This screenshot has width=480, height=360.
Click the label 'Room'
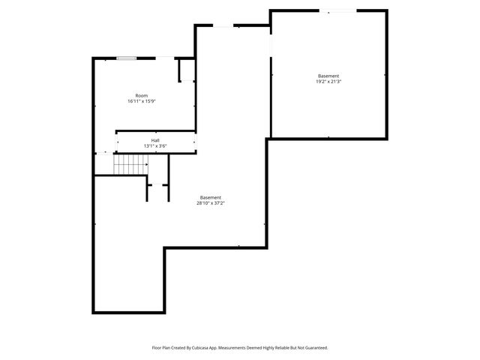[x=142, y=95]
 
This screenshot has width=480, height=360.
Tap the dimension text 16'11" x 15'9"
[x=142, y=101]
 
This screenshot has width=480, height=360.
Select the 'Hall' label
[x=155, y=140]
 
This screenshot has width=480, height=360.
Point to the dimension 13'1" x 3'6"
[x=155, y=146]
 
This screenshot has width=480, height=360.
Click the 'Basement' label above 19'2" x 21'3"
[x=328, y=76]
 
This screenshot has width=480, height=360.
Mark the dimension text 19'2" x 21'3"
[x=328, y=82]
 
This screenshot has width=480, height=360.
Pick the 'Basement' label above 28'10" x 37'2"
[x=211, y=197]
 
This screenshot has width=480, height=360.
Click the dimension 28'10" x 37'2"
[x=211, y=203]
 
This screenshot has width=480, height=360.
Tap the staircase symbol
[x=130, y=164]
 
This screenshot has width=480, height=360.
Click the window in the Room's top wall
[x=127, y=58]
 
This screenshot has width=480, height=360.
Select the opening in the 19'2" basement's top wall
[x=338, y=10]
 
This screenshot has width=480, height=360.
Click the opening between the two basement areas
[x=270, y=56]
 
